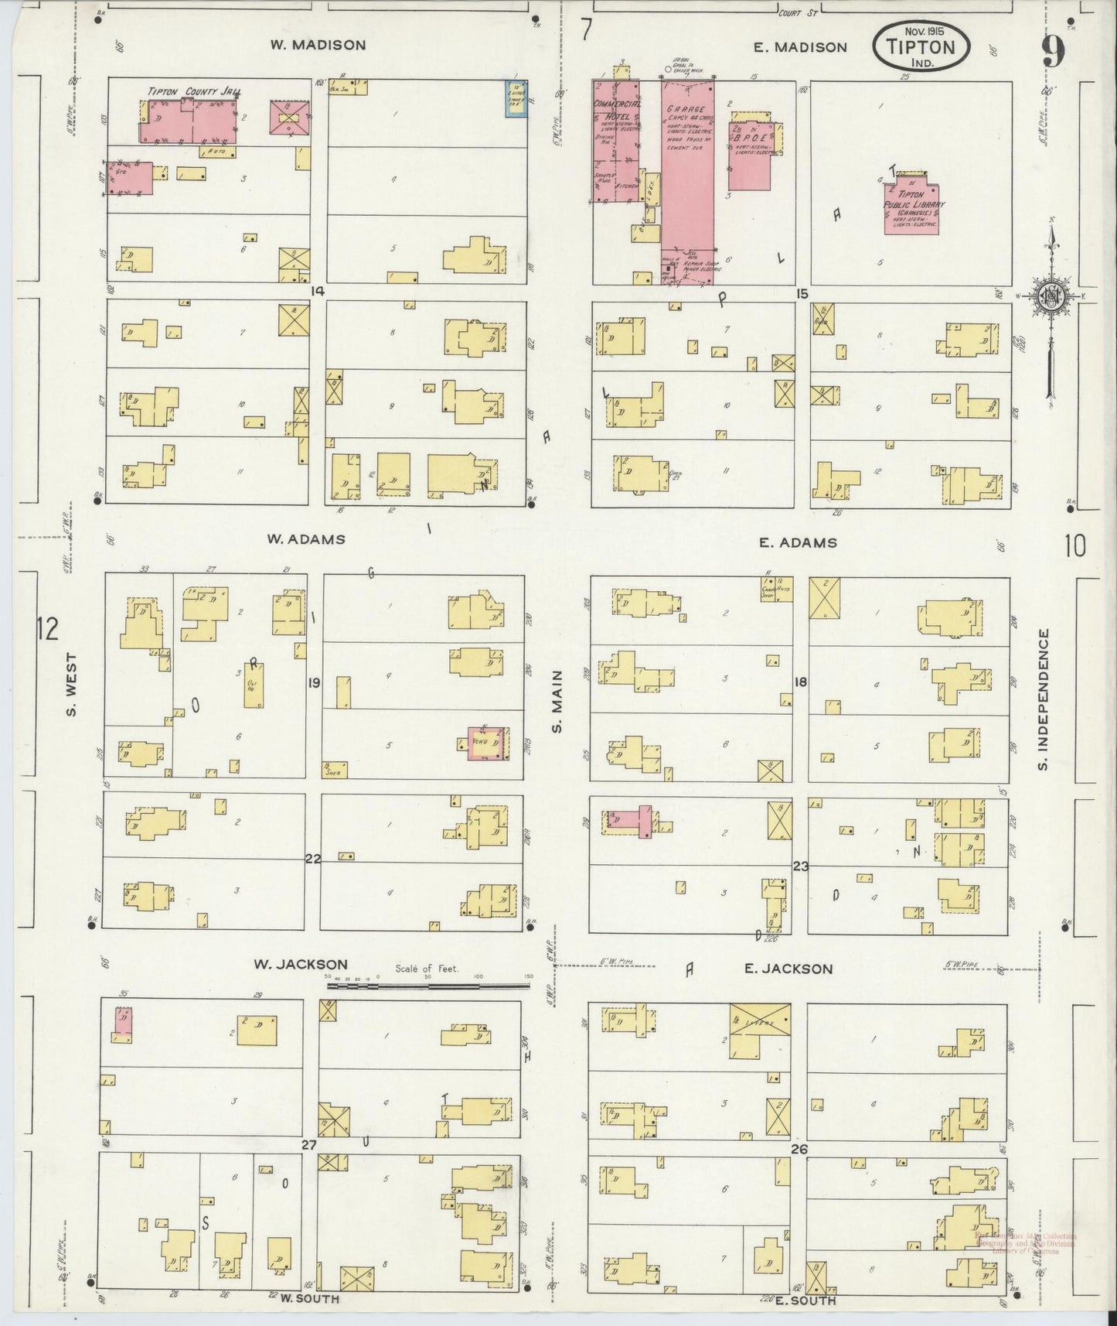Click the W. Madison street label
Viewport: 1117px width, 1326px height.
[318, 45]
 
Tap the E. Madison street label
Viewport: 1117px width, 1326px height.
[800, 47]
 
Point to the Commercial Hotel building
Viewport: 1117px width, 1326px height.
[615, 139]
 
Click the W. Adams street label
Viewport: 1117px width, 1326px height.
[305, 539]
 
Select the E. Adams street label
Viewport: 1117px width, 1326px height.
[798, 542]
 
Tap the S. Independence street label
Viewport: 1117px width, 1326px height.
[1043, 699]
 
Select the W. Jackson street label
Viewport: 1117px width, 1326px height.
[301, 964]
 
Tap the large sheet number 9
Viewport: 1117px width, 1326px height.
[1052, 52]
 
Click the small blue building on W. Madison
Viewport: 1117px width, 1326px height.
[515, 99]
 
